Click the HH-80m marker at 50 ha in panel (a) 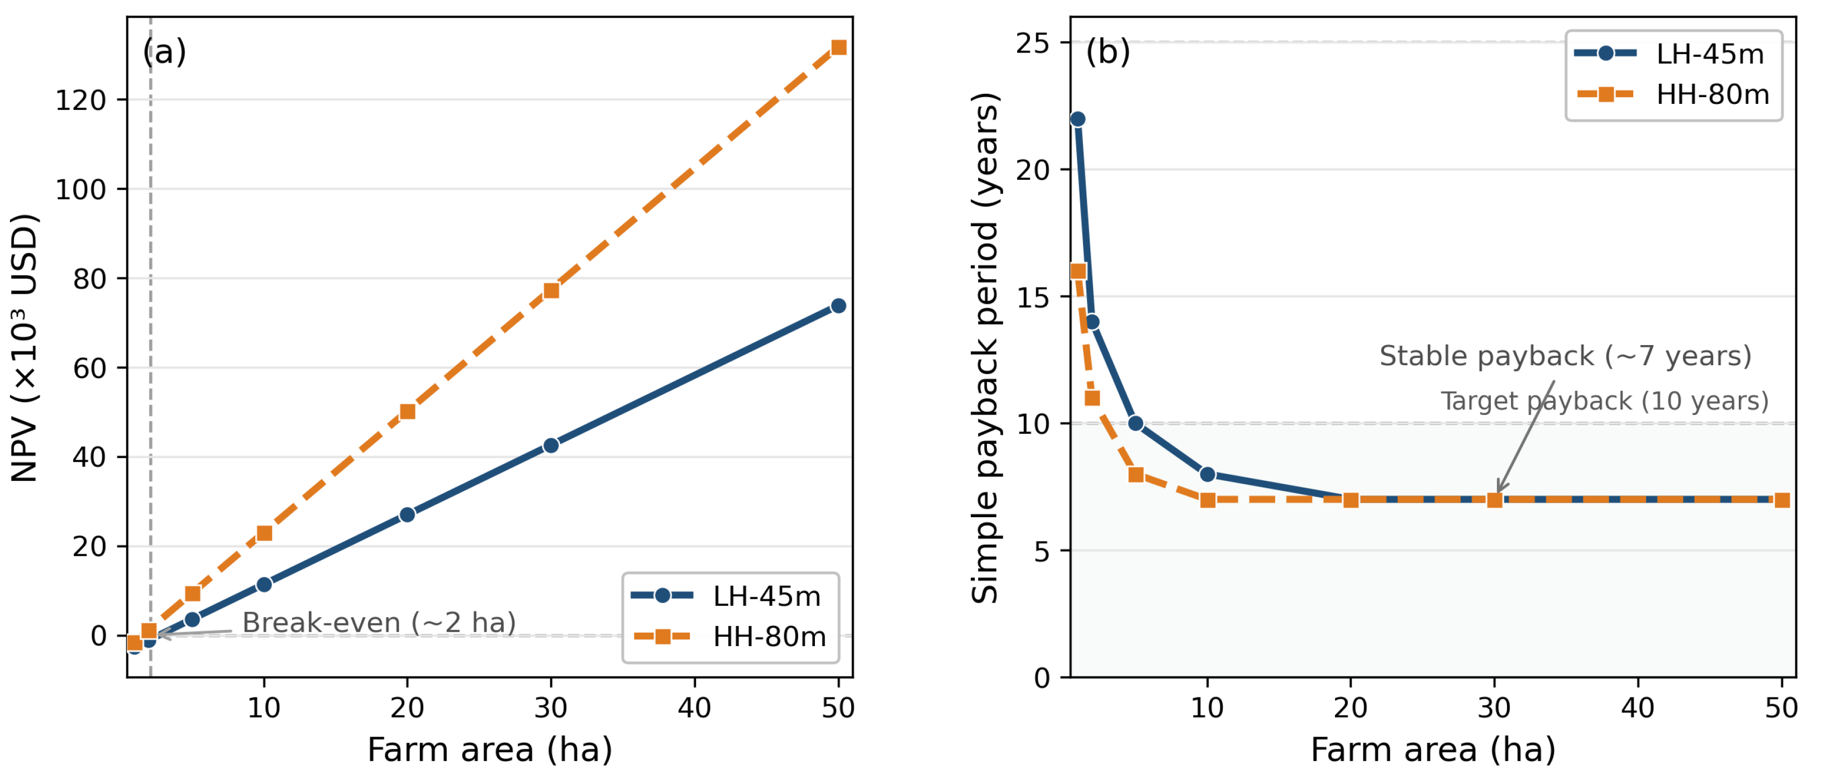839,47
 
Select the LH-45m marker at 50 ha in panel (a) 839,306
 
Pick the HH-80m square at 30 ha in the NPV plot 551,290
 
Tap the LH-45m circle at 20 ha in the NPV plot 407,514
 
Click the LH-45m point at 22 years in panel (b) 1078,119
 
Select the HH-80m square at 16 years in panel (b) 1078,271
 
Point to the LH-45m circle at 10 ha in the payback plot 1208,474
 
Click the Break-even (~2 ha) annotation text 379,623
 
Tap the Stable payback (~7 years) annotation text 1565,356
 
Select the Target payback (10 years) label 1605,402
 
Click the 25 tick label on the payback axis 1033,43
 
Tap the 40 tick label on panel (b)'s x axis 1638,708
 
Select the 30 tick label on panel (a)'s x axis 551,708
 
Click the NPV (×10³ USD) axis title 25,348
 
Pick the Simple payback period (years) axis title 985,348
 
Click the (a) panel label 165,51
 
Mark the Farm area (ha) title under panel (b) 1434,750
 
